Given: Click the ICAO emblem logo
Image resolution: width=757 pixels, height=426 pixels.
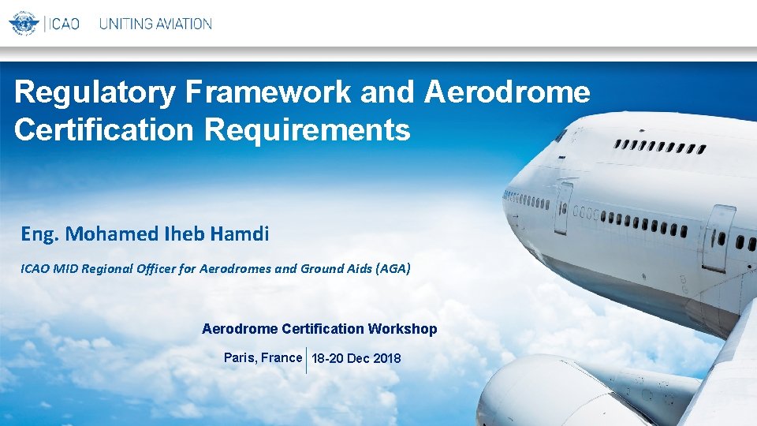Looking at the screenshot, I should (x=24, y=23).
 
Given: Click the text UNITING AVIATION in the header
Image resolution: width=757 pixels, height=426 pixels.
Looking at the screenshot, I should (x=155, y=24).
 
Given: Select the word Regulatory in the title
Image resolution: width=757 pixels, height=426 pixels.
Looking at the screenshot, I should (x=95, y=92).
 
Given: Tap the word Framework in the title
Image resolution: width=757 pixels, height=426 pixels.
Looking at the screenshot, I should (x=268, y=92).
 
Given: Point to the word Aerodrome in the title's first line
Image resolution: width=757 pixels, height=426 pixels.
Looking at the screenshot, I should (x=507, y=92).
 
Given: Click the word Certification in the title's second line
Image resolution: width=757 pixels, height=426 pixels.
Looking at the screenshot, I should (x=103, y=129).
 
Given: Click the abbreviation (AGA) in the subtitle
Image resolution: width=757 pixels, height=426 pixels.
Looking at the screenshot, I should (x=393, y=269).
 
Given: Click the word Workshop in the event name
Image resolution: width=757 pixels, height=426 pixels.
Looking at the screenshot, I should (x=405, y=329).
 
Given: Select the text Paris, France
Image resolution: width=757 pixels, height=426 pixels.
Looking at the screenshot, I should (x=263, y=358).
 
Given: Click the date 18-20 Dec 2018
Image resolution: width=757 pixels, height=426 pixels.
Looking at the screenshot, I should (x=356, y=359).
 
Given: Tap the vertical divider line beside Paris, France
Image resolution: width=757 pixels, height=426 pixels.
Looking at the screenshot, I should (x=307, y=360).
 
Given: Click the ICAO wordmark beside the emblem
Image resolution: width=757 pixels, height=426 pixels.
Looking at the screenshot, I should (x=64, y=24).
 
